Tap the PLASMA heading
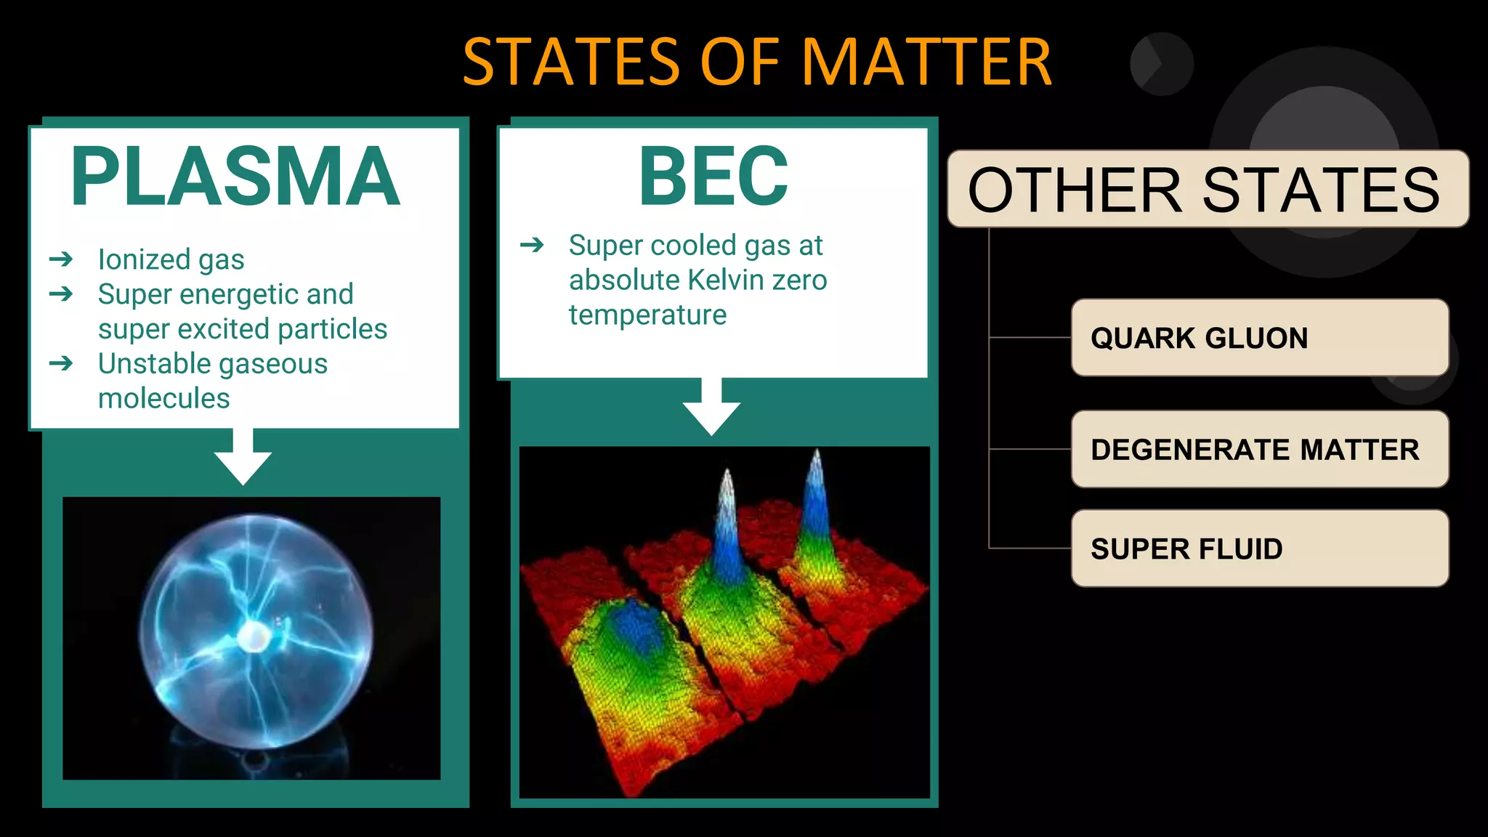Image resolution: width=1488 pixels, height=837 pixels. pos(235,177)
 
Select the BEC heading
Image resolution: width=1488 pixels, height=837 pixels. pos(713,177)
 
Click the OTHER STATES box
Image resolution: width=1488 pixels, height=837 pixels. pos(1208,189)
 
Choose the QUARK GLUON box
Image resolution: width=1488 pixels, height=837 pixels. pos(1259,338)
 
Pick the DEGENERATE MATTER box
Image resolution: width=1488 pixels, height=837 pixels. pos(1259,450)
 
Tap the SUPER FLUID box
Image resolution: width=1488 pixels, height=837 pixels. pos(1259,549)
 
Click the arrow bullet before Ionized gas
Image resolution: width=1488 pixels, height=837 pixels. pos(62,259)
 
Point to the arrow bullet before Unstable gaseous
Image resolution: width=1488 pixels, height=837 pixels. pos(62,363)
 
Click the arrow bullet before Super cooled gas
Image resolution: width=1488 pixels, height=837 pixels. pos(532,246)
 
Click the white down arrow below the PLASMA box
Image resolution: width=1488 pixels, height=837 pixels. pos(243,458)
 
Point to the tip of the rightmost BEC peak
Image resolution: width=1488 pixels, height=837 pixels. pos(817,453)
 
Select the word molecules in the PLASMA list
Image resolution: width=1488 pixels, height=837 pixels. pos(164,398)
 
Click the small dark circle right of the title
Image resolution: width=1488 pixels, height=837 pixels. pos(1161,64)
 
